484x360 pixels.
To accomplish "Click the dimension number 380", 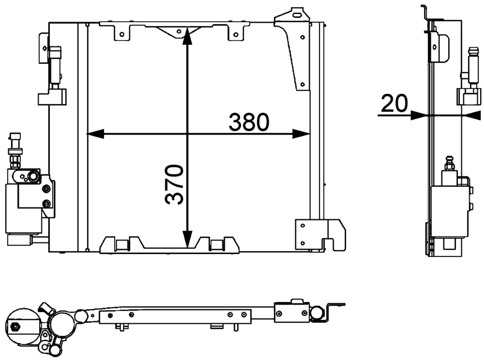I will (248, 122).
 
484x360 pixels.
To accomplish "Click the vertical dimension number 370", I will (174, 184).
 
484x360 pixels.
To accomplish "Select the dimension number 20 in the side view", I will (394, 104).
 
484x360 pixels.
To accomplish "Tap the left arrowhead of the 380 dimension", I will (95, 134).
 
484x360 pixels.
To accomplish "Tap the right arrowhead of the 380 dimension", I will (302, 134).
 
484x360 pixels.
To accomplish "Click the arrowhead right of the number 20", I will (418, 115).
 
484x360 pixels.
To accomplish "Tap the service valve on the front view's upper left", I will (56, 64).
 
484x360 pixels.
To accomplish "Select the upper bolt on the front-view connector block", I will (47, 189).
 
